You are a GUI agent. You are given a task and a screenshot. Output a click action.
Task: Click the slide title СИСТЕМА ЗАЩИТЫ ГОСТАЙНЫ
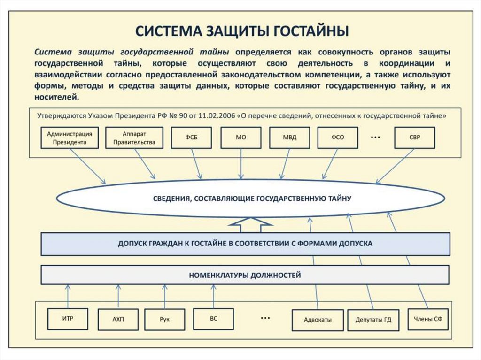click(x=242, y=31)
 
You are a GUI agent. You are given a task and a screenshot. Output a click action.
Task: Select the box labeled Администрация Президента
click(x=70, y=138)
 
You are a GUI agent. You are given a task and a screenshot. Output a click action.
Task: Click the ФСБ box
click(x=191, y=138)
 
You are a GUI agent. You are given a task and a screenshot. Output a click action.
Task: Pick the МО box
click(x=240, y=138)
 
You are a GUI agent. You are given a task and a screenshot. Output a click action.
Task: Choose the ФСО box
click(x=337, y=138)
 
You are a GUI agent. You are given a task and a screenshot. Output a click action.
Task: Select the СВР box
click(x=415, y=138)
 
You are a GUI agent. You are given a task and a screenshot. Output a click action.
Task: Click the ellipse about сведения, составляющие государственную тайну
click(x=251, y=199)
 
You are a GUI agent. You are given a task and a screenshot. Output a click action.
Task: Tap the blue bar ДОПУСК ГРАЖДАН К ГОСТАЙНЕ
click(x=245, y=244)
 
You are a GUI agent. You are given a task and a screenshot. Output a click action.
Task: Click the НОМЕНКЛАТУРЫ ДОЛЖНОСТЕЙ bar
click(x=245, y=275)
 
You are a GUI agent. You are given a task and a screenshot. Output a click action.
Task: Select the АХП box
click(x=118, y=320)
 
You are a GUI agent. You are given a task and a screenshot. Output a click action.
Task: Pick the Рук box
click(x=164, y=320)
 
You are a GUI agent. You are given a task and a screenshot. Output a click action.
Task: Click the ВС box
click(x=213, y=318)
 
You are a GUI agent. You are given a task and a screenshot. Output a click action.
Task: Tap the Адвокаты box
click(x=318, y=320)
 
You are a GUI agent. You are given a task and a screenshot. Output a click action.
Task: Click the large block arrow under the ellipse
click(x=250, y=224)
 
